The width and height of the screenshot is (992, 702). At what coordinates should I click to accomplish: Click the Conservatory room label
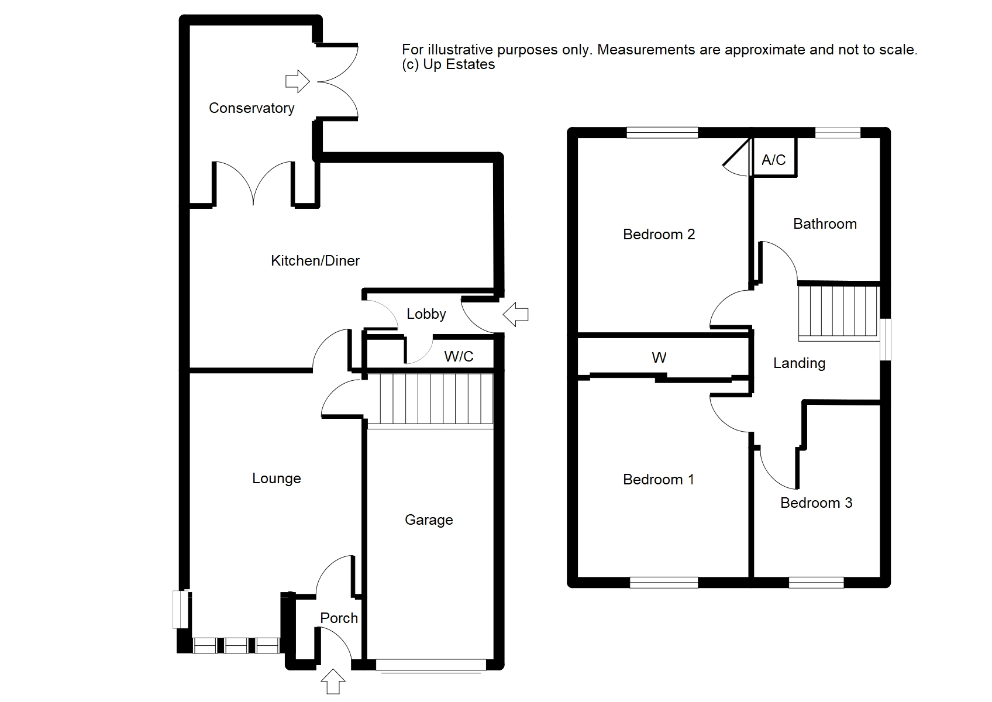tap(252, 108)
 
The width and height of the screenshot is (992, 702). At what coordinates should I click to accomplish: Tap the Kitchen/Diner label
tap(315, 261)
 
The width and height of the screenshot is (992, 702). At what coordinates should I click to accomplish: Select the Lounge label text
tap(276, 479)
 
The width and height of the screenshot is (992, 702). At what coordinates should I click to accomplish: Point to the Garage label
tap(429, 520)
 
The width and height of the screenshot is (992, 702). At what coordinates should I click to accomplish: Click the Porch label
tap(339, 618)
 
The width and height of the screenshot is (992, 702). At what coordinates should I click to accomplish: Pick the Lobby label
tap(426, 314)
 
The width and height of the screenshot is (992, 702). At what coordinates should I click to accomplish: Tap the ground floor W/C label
tap(459, 356)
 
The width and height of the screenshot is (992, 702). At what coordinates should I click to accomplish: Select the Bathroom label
tap(825, 224)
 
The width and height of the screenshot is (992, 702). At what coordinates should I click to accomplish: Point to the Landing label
tap(799, 363)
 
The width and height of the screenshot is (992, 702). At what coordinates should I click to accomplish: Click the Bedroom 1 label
tap(659, 480)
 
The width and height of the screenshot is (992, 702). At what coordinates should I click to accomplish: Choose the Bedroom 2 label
tap(659, 235)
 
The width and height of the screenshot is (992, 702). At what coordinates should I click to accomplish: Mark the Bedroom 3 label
tap(816, 503)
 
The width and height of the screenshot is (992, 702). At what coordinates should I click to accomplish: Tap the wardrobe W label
tap(659, 357)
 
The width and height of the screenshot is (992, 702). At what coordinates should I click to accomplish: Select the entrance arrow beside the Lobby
tap(516, 314)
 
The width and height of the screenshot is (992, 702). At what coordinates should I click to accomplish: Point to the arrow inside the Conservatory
tap(297, 81)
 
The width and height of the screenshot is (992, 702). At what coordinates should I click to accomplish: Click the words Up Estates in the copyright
tap(459, 64)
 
